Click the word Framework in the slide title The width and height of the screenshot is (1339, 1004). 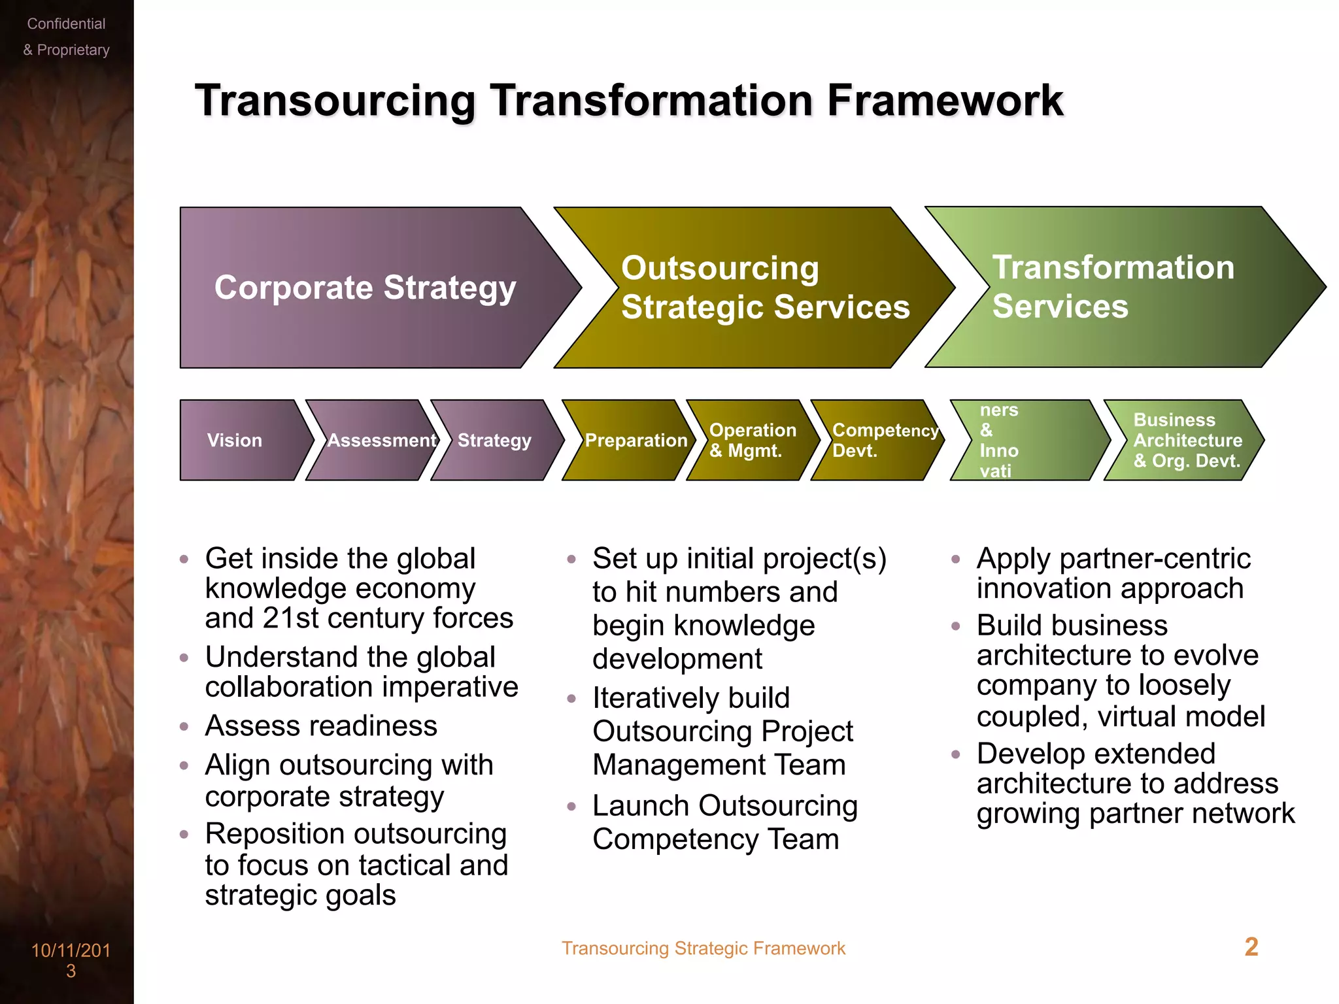coord(945,101)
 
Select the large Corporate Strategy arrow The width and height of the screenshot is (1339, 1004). coord(366,288)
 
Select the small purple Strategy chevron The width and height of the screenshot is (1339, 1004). coord(494,441)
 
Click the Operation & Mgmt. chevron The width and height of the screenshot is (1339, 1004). coord(752,441)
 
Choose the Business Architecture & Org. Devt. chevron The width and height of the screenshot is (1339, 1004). coord(1185,441)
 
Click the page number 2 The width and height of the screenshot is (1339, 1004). coord(1251,947)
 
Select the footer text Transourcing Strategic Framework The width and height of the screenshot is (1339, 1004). coord(703,948)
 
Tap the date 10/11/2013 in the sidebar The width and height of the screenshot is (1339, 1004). coord(71,960)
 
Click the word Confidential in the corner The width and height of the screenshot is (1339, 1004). coord(66,24)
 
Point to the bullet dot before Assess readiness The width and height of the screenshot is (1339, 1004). coord(184,727)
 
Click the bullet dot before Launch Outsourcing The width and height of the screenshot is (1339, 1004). coord(571,807)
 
